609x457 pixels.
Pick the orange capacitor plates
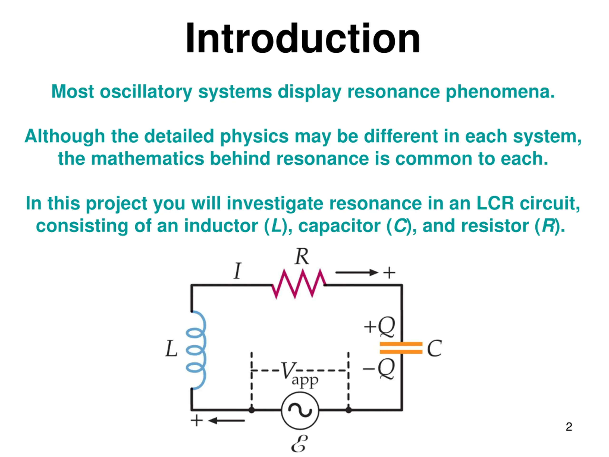pos(401,348)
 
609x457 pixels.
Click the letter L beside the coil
pos(171,348)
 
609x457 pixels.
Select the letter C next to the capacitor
pos(434,348)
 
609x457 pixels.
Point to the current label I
pos(237,271)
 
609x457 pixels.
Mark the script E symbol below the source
pos(299,444)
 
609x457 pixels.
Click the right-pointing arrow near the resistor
pos(357,273)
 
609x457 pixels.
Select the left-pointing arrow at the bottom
pos(226,421)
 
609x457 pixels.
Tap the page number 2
pos(569,427)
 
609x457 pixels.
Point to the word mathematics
pos(147,159)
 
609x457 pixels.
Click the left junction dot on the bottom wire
pos(252,410)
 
